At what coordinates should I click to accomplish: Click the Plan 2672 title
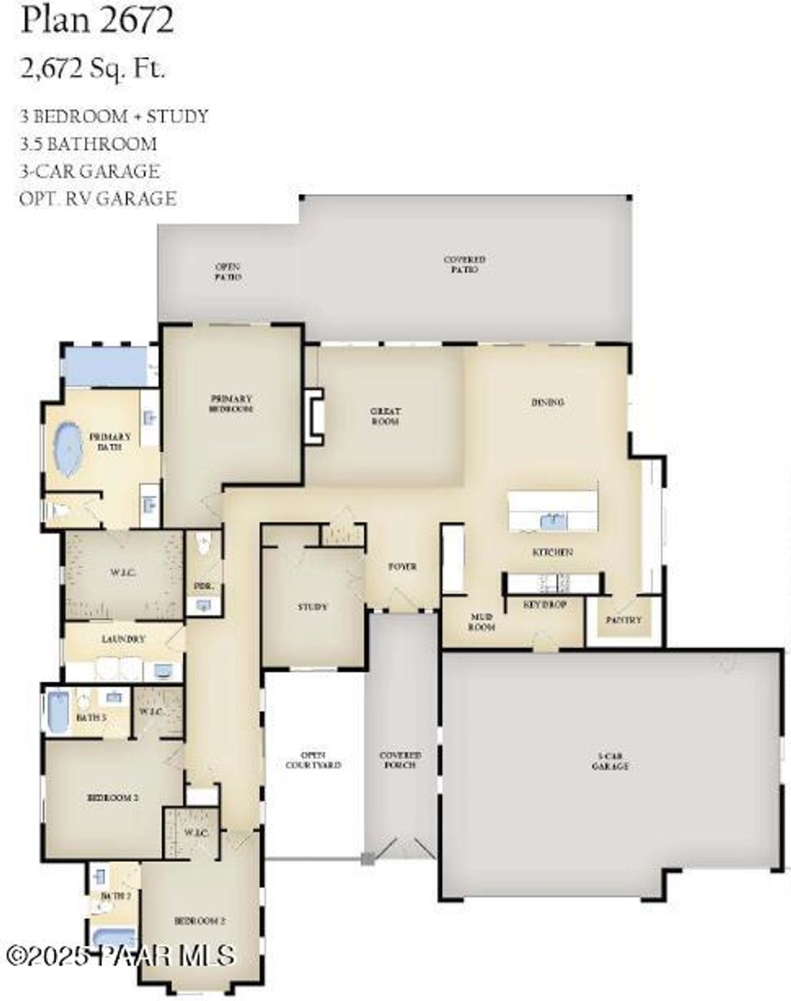(97, 21)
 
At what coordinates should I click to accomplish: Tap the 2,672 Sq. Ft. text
(93, 70)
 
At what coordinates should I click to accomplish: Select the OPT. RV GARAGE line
(98, 199)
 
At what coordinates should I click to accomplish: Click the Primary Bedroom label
(232, 403)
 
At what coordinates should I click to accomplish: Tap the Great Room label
(385, 416)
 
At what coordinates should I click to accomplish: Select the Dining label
(548, 402)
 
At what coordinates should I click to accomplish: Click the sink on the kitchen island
(553, 521)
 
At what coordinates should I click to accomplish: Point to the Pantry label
(623, 619)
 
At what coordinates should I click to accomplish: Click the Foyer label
(402, 566)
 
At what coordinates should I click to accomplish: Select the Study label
(312, 607)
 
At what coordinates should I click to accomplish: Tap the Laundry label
(124, 640)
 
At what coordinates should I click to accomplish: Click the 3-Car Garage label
(609, 762)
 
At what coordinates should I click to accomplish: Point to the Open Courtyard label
(313, 760)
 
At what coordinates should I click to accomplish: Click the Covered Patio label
(464, 264)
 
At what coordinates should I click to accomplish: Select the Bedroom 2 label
(113, 797)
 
